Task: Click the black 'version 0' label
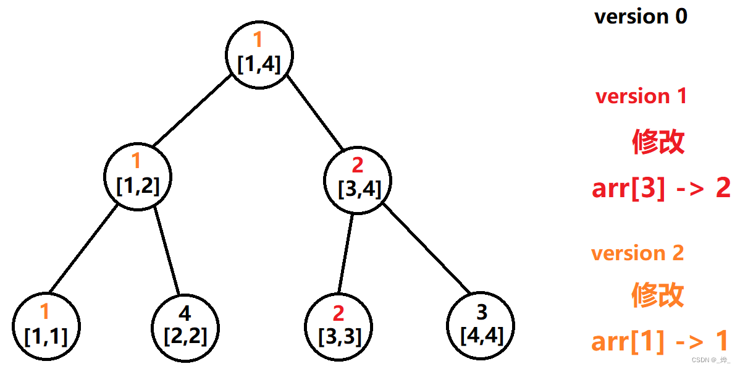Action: click(x=641, y=17)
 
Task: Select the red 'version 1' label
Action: click(x=641, y=96)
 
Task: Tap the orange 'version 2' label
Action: click(x=637, y=253)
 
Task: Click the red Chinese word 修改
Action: click(x=658, y=142)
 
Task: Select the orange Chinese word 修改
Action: click(x=658, y=295)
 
